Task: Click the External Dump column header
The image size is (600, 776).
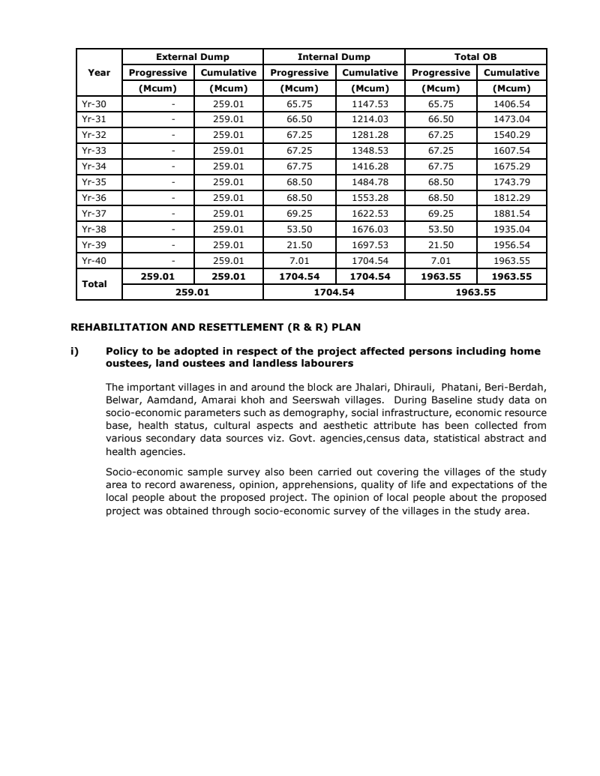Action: pos(192,57)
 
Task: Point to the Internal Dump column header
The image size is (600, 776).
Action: pos(334,57)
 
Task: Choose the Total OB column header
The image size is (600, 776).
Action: pos(475,57)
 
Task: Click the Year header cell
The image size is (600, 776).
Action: pos(99,73)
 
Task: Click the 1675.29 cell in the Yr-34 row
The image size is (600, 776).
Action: pos(511,166)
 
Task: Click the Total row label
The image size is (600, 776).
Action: pos(95,284)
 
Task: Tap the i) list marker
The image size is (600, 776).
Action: pos(75,351)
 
